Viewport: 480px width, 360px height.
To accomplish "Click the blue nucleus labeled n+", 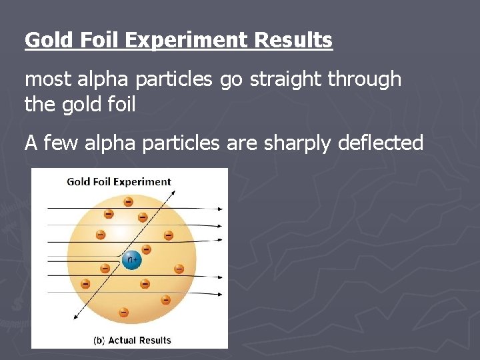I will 132,259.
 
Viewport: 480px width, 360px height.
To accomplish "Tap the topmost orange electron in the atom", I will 128,201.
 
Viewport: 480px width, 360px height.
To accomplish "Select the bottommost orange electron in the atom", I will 123,311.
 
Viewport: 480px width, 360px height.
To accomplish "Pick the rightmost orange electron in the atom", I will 179,269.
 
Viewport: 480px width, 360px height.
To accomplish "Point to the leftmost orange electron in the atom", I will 85,283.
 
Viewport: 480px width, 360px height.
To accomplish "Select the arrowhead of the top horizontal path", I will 221,209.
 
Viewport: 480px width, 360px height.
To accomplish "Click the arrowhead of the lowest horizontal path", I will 221,293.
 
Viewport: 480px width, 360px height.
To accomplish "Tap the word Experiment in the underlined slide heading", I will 185,40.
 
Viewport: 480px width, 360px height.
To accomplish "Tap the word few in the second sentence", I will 64,142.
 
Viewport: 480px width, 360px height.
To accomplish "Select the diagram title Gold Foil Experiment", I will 119,181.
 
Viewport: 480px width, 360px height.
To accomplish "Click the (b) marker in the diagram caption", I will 99,340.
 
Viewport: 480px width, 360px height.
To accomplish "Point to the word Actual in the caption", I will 122,340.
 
